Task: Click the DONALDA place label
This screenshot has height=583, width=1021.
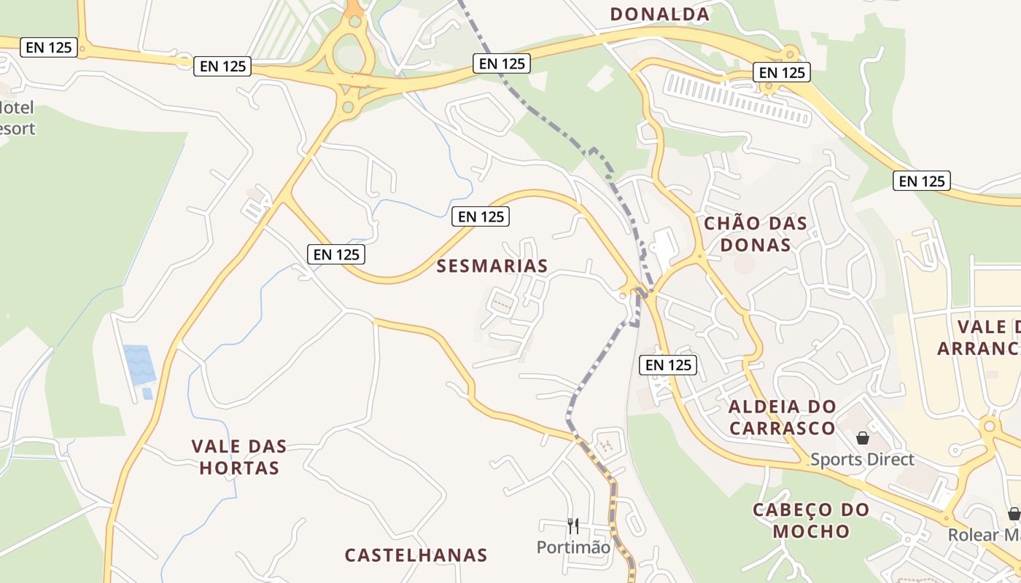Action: coord(659,14)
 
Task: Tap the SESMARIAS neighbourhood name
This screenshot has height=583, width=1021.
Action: coord(492,266)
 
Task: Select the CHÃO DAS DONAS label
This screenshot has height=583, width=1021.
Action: coord(756,234)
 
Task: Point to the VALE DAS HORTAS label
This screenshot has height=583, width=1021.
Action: coord(239,457)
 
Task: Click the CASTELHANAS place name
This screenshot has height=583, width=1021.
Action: coord(416,555)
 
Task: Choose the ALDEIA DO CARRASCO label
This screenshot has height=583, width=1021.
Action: coord(782,418)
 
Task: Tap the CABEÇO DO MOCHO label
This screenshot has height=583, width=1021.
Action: coord(811,520)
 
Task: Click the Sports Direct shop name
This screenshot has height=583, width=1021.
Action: coord(862,460)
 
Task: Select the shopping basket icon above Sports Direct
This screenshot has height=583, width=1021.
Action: coord(863,438)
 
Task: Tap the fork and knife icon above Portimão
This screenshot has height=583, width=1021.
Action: coord(573,525)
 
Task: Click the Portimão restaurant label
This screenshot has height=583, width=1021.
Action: coord(573,547)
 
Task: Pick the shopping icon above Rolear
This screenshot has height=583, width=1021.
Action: coord(1014,514)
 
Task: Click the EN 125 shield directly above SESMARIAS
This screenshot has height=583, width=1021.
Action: coord(480,216)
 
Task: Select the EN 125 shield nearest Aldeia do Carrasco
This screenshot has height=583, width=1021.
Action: coord(668,364)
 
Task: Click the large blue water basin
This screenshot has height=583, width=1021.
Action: coord(139,364)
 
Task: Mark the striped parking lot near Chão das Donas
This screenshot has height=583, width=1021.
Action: coord(737,98)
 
